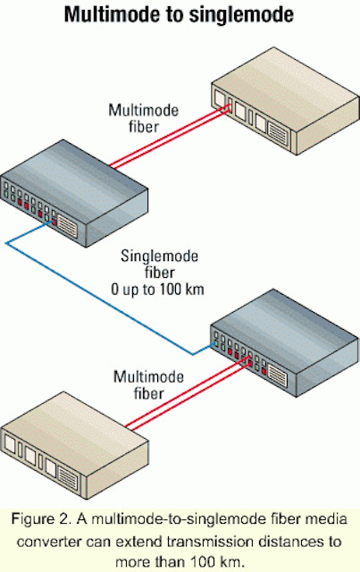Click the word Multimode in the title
pyautogui.click(x=112, y=15)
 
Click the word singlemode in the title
pyautogui.click(x=241, y=15)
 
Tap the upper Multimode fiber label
pyautogui.click(x=144, y=118)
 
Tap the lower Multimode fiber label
pyautogui.click(x=148, y=385)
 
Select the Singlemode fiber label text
pyautogui.click(x=160, y=265)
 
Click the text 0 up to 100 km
pyautogui.click(x=157, y=290)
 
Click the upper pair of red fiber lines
pyautogui.click(x=171, y=137)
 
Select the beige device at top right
pyautogui.click(x=286, y=101)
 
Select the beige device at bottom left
pyautogui.click(x=75, y=445)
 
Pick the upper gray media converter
pyautogui.click(x=74, y=193)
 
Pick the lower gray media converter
pyautogui.click(x=285, y=343)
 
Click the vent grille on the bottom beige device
pyautogui.click(x=68, y=478)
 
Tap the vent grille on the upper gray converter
pyautogui.click(x=68, y=226)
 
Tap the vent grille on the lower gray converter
pyautogui.click(x=278, y=376)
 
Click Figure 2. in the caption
pyautogui.click(x=42, y=519)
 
